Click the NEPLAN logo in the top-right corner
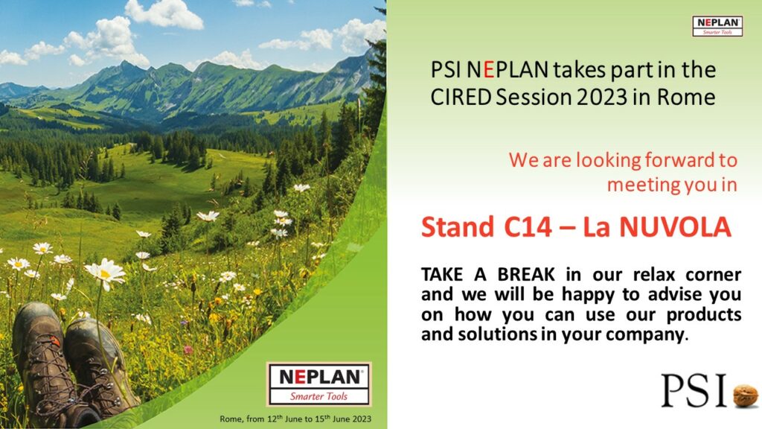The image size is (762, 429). [717, 26]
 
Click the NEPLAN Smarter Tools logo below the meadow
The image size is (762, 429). [318, 384]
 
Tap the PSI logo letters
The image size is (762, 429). [694, 390]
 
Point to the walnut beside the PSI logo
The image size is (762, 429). [745, 395]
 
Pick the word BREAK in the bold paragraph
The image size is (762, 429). [526, 274]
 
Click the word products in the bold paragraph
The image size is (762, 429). [704, 315]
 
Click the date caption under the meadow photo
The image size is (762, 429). [295, 419]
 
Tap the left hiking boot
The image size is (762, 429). [46, 363]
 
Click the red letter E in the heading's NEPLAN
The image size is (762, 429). [488, 71]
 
